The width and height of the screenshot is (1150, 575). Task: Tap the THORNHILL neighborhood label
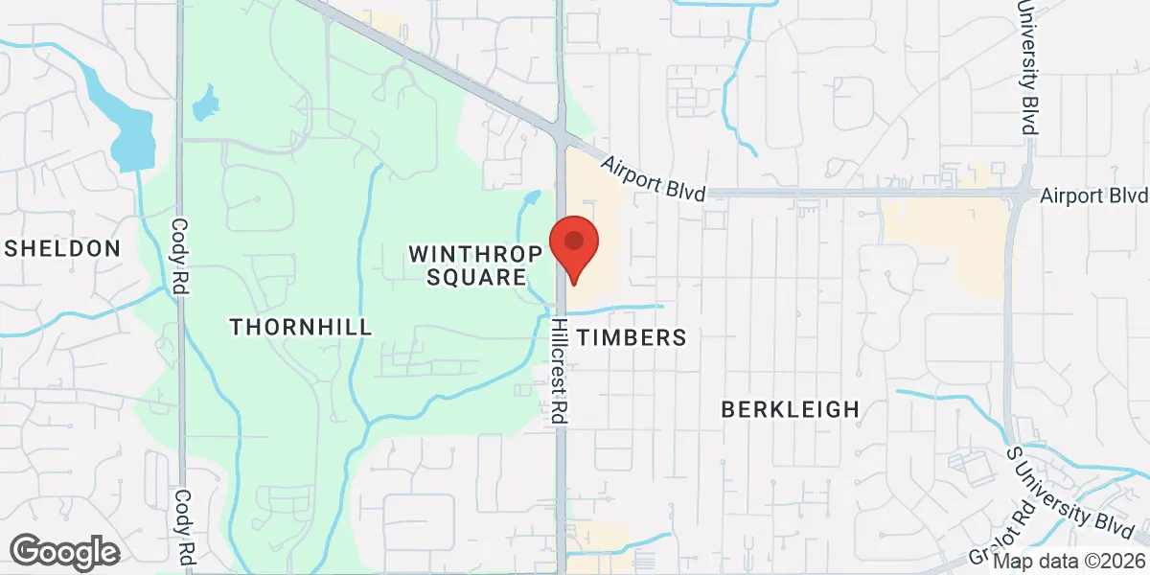click(x=301, y=327)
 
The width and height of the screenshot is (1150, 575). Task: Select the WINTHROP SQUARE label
click(x=468, y=265)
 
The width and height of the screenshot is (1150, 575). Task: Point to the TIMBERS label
click(x=632, y=337)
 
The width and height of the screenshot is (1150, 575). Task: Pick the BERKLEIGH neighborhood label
click(x=790, y=410)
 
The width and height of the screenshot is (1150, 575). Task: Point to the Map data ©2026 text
click(x=1069, y=563)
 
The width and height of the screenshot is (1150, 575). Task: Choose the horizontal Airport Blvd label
click(x=1093, y=195)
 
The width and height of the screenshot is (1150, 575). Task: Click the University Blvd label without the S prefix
click(x=1030, y=67)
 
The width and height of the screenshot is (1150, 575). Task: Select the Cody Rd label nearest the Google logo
click(x=183, y=526)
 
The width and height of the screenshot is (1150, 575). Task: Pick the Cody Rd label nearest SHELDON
click(x=179, y=256)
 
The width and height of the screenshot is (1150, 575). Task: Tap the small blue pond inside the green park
click(x=204, y=103)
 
